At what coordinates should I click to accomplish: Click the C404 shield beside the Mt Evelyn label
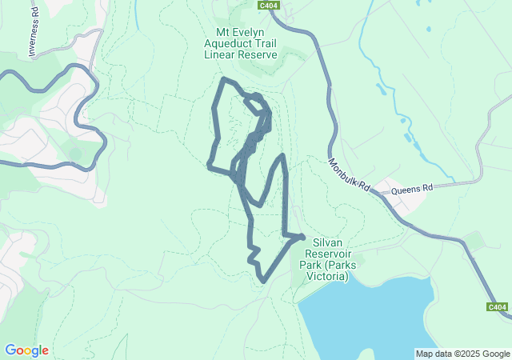[x=269, y=5]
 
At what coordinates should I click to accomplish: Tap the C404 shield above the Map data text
[x=497, y=307]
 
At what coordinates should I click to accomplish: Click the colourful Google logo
[x=26, y=350]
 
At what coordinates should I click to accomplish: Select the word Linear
[x=220, y=55]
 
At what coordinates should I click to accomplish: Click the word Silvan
[x=328, y=242]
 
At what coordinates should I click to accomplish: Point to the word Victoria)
[x=331, y=276]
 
